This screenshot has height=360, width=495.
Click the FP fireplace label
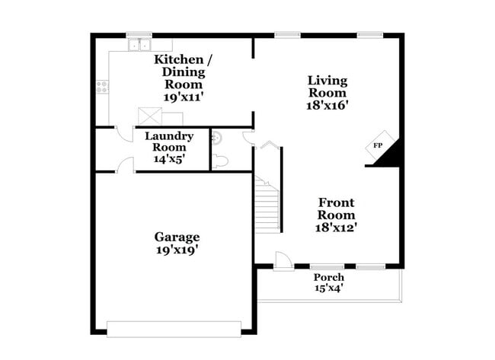tap(378, 145)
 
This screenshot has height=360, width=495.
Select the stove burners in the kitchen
tap(101, 87)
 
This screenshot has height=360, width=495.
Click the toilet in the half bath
tap(220, 161)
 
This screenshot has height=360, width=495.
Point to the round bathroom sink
tap(217, 138)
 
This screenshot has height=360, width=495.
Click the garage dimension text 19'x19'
tap(177, 250)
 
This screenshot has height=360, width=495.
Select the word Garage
tap(177, 237)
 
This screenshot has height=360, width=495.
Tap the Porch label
tap(329, 277)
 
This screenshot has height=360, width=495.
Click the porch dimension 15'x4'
tap(329, 288)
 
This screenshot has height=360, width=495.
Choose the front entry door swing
tap(282, 260)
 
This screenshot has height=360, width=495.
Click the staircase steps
tap(267, 205)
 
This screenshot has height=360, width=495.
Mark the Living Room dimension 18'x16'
tap(327, 106)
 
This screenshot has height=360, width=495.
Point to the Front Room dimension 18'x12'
tap(336, 227)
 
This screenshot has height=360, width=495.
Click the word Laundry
tap(169, 136)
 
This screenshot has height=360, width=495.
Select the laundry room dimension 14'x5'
tap(169, 159)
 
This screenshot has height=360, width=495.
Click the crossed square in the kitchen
tap(148, 116)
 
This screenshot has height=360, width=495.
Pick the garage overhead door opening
tap(174, 329)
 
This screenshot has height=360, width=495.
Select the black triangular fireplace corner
tap(391, 156)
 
